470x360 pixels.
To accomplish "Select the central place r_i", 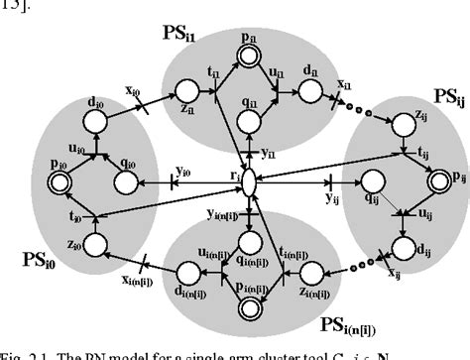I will point(250,183).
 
